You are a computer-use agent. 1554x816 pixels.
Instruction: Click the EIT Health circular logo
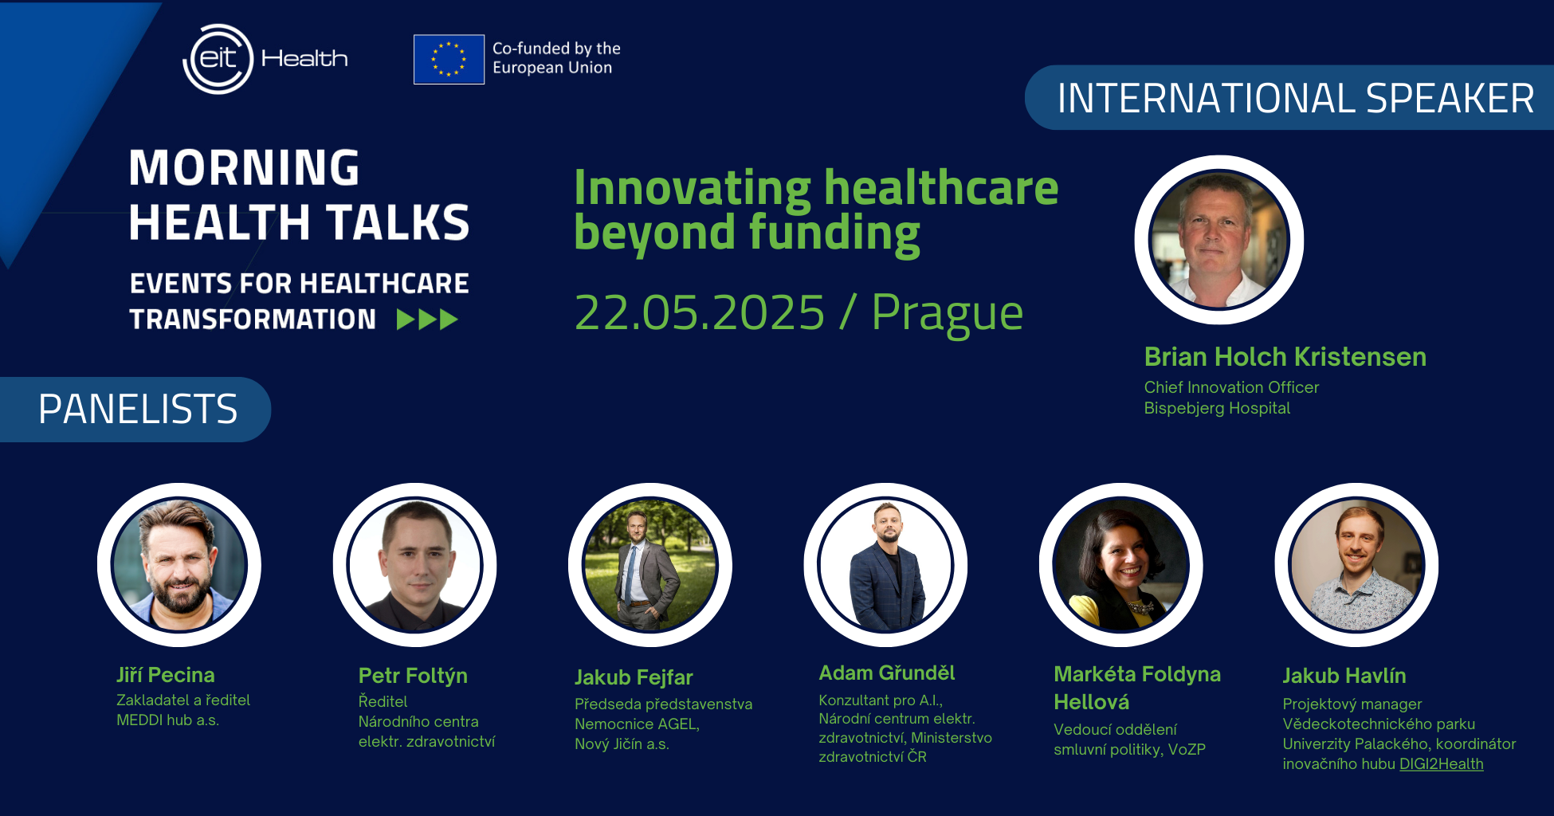[x=218, y=59]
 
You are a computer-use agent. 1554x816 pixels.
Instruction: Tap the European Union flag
[x=449, y=59]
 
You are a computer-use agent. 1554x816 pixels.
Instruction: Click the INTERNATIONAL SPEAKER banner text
[x=1296, y=98]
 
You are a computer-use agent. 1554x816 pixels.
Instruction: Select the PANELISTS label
[x=138, y=409]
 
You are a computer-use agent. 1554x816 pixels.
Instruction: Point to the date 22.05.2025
[x=700, y=312]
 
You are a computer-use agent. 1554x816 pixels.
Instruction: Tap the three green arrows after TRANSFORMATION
[x=427, y=320]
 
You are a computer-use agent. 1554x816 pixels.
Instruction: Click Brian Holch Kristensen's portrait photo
[x=1219, y=240]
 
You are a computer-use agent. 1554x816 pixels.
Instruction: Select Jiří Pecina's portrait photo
[x=179, y=565]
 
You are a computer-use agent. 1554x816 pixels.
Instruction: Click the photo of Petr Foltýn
[x=414, y=565]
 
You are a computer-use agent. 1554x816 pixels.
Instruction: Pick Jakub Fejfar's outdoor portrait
[x=650, y=565]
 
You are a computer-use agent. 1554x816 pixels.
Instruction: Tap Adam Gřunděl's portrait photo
[x=885, y=565]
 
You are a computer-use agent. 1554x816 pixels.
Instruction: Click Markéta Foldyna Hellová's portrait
[x=1121, y=565]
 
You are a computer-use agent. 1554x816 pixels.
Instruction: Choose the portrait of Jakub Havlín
[x=1356, y=565]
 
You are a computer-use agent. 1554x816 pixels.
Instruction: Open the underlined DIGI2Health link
[x=1442, y=764]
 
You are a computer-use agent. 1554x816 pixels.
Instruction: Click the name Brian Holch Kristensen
[x=1285, y=356]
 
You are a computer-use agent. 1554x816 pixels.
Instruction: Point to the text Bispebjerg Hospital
[x=1217, y=408]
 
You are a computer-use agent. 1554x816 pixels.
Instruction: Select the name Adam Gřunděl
[x=887, y=673]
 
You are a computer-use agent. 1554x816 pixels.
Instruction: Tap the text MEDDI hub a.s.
[x=167, y=720]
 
